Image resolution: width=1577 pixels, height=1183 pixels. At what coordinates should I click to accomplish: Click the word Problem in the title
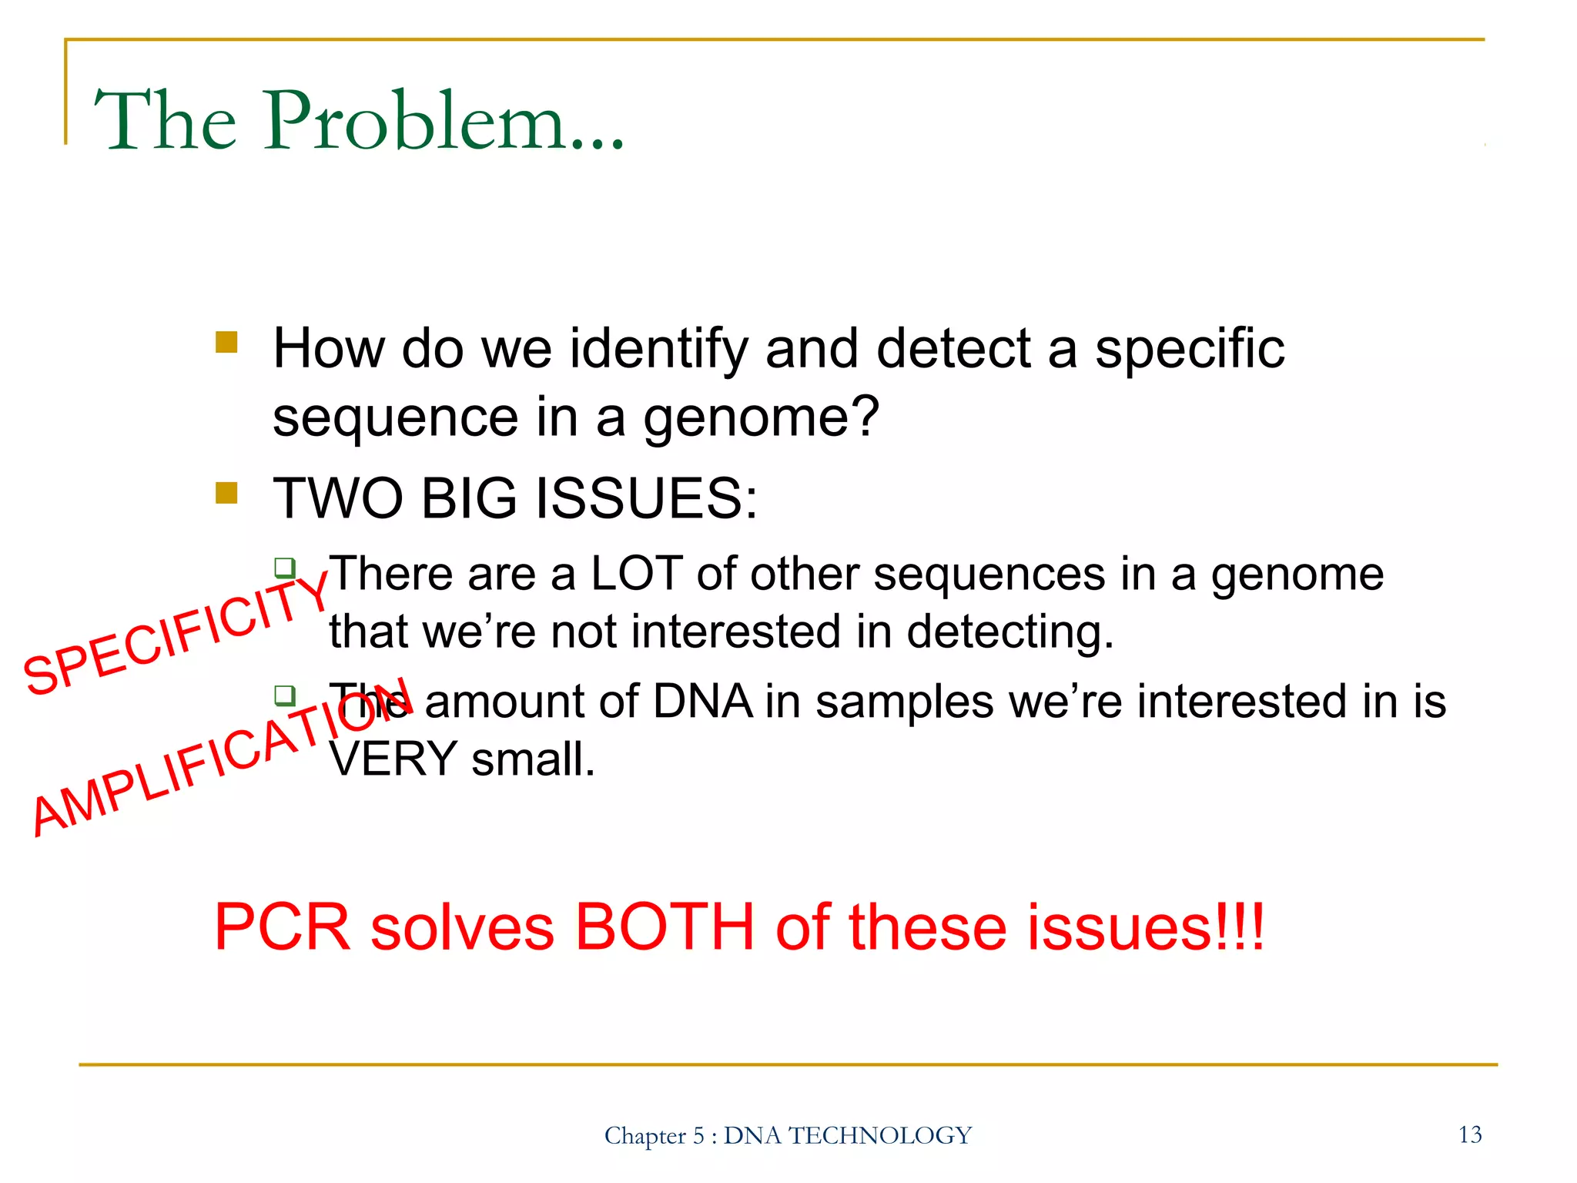[416, 121]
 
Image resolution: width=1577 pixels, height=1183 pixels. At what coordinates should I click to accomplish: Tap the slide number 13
[1469, 1134]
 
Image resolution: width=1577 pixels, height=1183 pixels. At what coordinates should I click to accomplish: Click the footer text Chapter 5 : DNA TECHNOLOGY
[788, 1135]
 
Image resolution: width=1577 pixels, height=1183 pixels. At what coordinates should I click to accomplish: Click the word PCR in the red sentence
[282, 927]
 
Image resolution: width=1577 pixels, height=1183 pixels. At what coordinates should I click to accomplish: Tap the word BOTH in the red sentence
[665, 927]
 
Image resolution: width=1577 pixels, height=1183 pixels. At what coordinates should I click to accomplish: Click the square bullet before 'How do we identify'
[226, 342]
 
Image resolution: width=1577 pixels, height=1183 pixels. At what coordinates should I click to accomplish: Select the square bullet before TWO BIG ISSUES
[226, 493]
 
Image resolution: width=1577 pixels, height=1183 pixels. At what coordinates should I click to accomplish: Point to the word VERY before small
[393, 759]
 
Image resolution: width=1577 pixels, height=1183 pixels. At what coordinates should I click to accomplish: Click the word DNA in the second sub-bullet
[702, 702]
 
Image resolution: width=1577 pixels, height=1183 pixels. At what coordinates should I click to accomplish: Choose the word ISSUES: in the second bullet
[646, 499]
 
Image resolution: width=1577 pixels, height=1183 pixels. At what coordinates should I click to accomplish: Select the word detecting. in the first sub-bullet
[1010, 633]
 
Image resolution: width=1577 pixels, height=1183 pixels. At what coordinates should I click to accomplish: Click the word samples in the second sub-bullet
[905, 702]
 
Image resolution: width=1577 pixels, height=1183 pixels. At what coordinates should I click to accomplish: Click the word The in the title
[165, 121]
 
